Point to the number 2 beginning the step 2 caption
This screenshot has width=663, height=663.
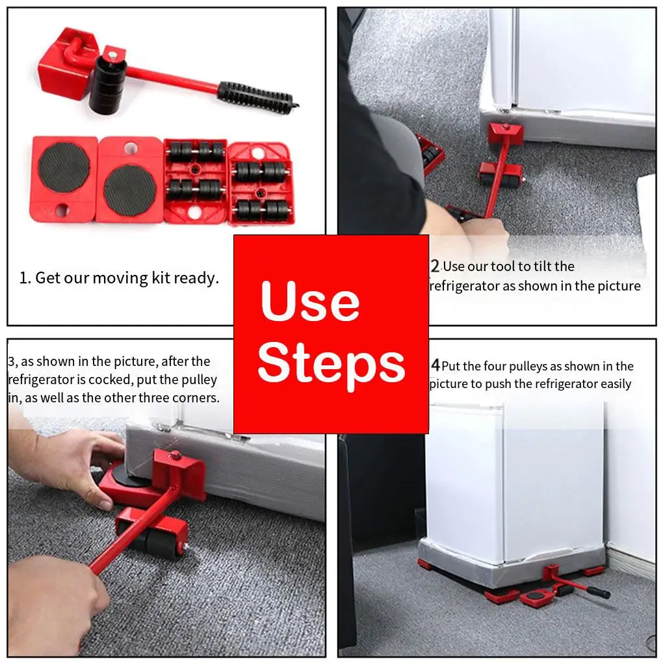point(435,266)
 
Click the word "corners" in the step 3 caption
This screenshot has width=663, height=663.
point(194,398)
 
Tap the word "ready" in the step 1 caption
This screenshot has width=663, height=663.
point(197,279)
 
